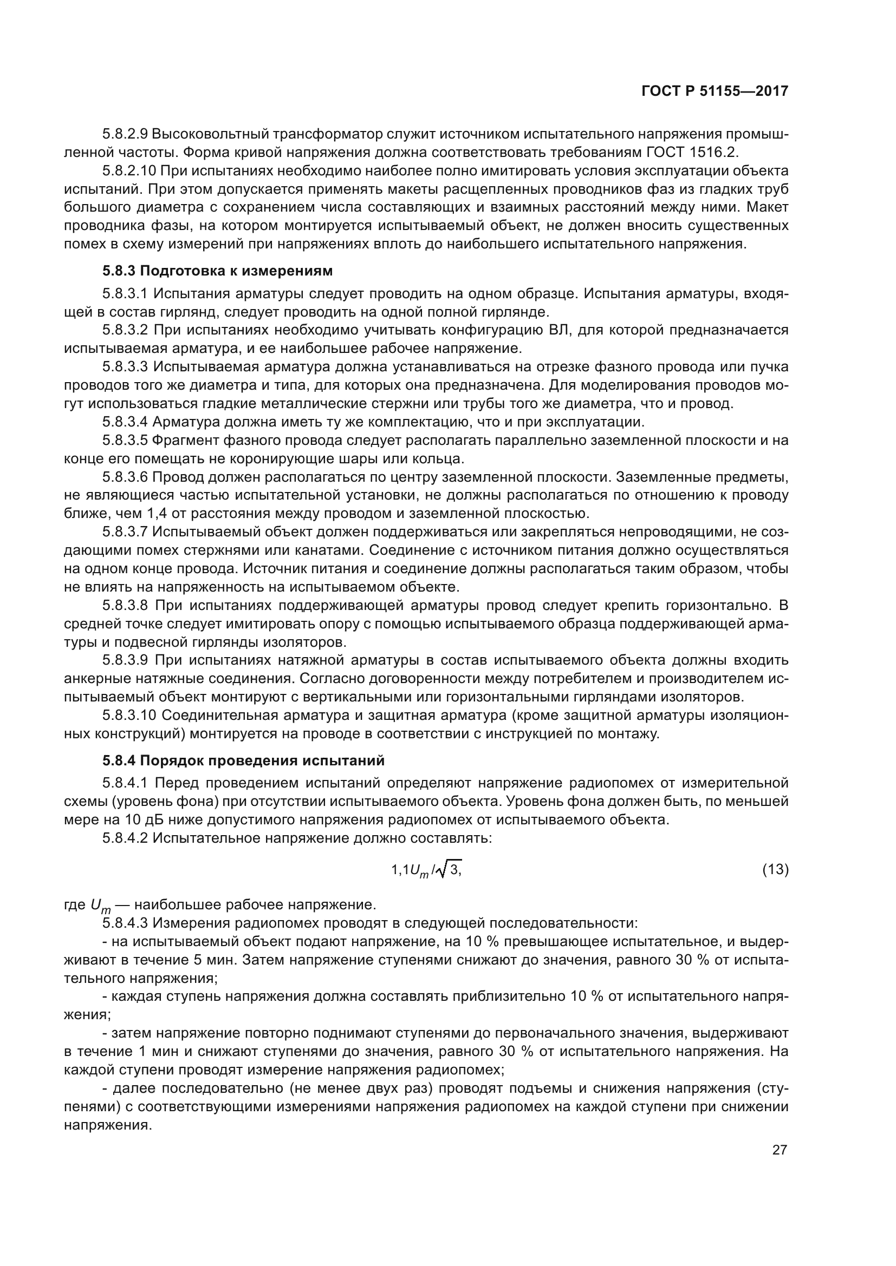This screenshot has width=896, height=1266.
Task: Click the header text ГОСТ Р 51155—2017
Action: point(715,91)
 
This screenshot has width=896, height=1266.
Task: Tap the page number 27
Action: point(780,1150)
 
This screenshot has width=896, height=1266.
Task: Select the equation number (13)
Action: point(775,870)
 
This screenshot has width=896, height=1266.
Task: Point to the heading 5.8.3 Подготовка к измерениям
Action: point(217,271)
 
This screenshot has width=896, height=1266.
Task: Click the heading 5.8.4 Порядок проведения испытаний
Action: point(243,760)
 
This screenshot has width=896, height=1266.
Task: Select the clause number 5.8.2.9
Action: point(125,134)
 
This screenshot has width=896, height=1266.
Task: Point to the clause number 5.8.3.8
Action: point(125,606)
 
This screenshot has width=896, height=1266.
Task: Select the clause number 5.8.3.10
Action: point(129,715)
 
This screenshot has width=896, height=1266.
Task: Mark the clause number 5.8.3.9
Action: point(125,660)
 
